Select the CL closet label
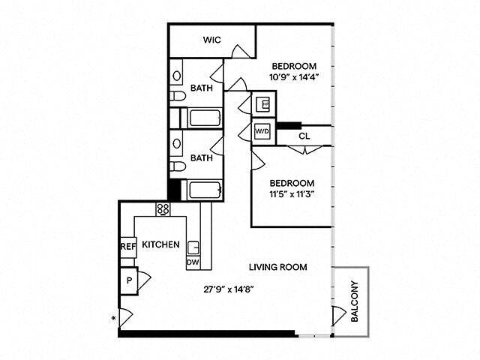304,136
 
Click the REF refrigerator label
126,245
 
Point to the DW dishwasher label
192,262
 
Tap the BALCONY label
355,300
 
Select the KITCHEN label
160,245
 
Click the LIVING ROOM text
278,267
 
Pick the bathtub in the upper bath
203,118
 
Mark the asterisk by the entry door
113,319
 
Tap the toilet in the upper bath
176,97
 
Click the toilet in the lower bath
176,166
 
